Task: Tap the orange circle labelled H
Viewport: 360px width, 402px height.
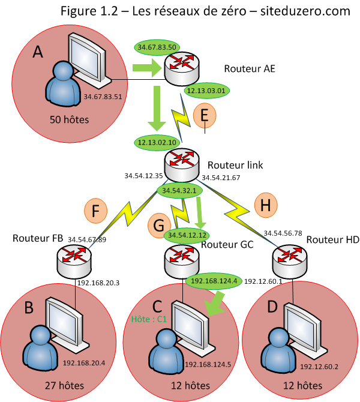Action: pyautogui.click(x=267, y=205)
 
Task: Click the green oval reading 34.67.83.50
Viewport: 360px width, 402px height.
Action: pyautogui.click(x=157, y=47)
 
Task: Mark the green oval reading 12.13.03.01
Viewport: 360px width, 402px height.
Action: pyautogui.click(x=205, y=91)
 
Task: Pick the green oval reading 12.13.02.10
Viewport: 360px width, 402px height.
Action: pyautogui.click(x=156, y=142)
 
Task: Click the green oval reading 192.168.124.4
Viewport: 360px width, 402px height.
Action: pyautogui.click(x=214, y=280)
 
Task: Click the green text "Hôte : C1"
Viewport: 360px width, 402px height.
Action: pyautogui.click(x=149, y=320)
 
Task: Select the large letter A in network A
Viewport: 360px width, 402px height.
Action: pyautogui.click(x=38, y=52)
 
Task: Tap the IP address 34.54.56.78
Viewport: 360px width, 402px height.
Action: pyautogui.click(x=282, y=232)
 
